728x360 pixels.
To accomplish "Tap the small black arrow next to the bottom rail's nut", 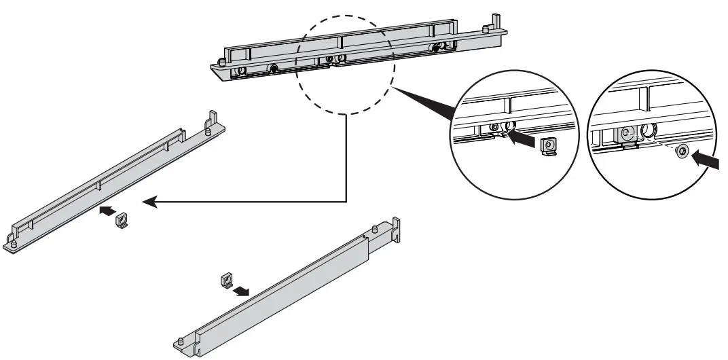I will pos(240,291).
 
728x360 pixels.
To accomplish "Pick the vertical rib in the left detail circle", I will pos(507,105).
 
